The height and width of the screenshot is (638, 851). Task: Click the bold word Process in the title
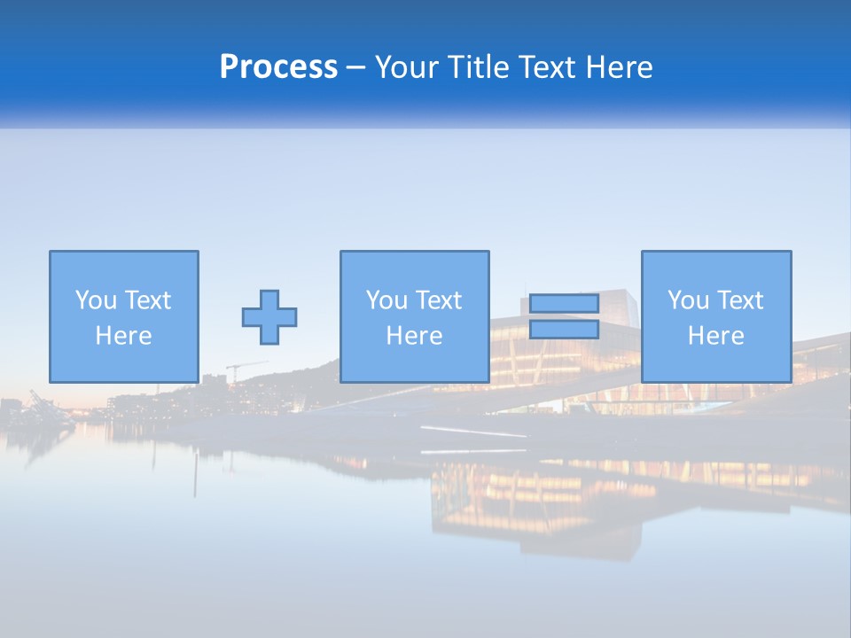click(x=278, y=67)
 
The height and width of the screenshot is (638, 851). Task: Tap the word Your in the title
click(x=404, y=67)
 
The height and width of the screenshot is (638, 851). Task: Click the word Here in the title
click(x=619, y=67)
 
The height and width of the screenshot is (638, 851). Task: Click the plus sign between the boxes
click(x=269, y=317)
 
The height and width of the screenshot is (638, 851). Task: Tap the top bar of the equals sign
click(x=565, y=304)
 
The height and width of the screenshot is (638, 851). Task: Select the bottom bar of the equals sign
click(x=565, y=330)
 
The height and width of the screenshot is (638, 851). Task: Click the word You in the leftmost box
click(x=96, y=300)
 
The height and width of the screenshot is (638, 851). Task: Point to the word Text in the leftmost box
click(x=147, y=300)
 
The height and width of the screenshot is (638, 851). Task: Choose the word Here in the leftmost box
click(x=123, y=336)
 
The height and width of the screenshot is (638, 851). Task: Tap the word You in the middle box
click(x=386, y=300)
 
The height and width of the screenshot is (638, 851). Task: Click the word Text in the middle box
click(x=438, y=300)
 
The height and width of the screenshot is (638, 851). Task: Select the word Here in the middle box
click(x=414, y=336)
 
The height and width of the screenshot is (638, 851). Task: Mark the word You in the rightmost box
click(x=688, y=300)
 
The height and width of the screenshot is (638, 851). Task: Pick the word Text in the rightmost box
click(x=739, y=300)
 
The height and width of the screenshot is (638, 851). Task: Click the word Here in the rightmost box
click(x=715, y=336)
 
